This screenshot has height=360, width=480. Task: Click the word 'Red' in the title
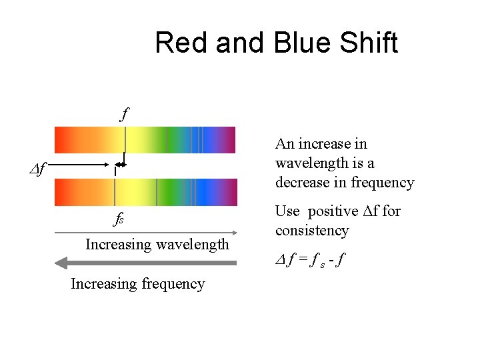[179, 43]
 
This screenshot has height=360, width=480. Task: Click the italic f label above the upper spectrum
[124, 113]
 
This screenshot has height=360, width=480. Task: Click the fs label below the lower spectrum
[118, 219]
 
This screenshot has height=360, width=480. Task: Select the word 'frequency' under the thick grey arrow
[172, 284]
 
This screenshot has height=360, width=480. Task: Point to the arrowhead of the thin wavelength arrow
[233, 233]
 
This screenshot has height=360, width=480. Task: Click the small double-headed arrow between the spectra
[120, 165]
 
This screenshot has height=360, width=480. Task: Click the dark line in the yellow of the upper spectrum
[125, 140]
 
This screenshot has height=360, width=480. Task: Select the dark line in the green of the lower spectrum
[157, 192]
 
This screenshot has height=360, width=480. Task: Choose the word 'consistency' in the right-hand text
[312, 231]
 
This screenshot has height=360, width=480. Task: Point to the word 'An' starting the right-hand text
[285, 144]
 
